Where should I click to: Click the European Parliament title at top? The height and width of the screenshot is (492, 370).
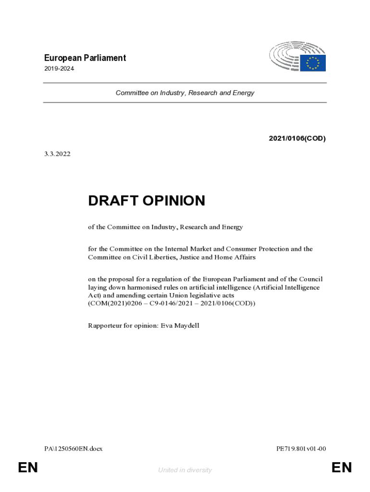point(85,58)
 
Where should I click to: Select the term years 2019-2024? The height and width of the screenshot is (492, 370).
point(59,69)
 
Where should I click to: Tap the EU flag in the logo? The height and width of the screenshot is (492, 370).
point(313,63)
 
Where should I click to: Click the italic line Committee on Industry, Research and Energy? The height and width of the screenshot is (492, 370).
point(185,93)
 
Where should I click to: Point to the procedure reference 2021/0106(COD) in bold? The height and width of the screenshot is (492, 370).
point(297,139)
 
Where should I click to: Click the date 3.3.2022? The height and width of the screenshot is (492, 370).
point(57,154)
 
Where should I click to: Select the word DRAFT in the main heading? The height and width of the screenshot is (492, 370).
point(113,201)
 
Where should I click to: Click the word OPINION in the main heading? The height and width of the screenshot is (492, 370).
point(173,201)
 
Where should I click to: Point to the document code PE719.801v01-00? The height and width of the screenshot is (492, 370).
point(301,449)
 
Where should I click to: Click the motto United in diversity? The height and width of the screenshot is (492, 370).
point(185,470)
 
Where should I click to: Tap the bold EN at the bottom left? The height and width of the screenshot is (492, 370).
point(27,467)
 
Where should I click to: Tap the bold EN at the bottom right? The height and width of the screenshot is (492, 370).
point(342,467)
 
